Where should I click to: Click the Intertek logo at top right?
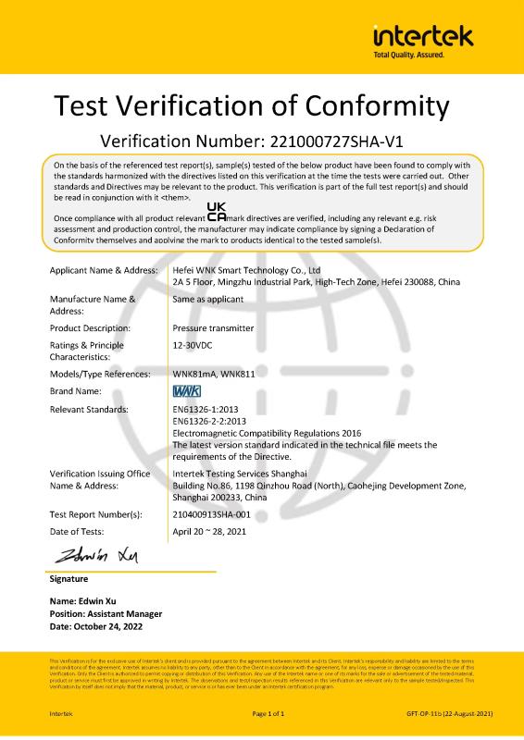click(422, 37)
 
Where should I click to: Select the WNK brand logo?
click(188, 391)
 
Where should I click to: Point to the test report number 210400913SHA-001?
click(224, 513)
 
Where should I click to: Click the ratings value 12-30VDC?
click(193, 344)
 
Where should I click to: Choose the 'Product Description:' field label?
click(90, 327)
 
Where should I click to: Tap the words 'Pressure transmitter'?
click(212, 327)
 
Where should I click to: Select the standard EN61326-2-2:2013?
click(216, 420)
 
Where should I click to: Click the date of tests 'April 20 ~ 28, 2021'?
click(210, 531)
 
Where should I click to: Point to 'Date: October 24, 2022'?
click(98, 626)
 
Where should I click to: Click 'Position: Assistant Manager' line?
click(106, 613)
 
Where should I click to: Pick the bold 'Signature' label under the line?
click(69, 579)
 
